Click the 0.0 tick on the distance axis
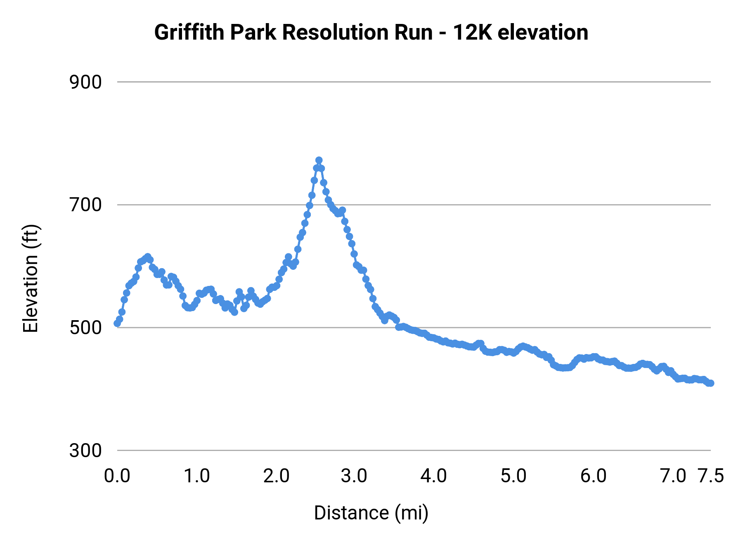click(117, 476)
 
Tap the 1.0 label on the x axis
click(197, 476)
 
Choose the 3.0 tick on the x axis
click(354, 476)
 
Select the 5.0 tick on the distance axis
click(513, 476)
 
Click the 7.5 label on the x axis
click(711, 476)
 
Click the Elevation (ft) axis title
click(31, 278)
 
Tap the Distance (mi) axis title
click(371, 513)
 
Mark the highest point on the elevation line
click(319, 160)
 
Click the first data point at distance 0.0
click(117, 323)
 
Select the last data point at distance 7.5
click(710, 383)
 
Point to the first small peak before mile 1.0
click(148, 257)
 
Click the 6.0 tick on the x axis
click(593, 476)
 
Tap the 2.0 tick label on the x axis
click(277, 476)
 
